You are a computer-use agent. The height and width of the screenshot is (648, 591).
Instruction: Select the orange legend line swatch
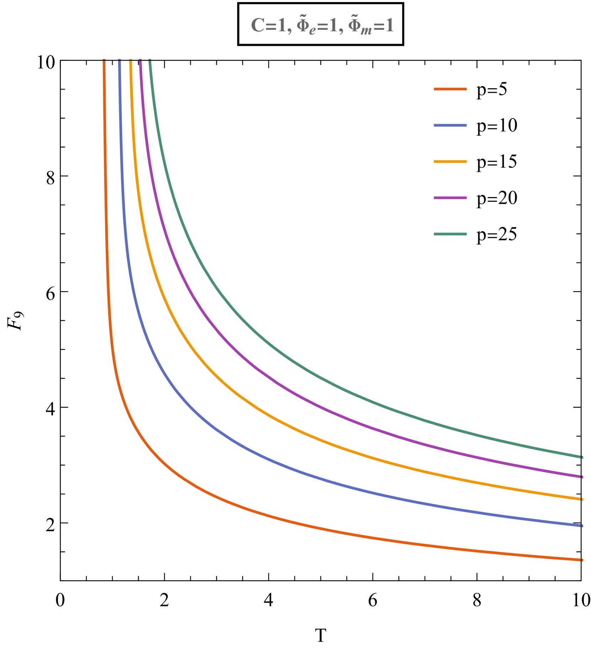tap(450, 89)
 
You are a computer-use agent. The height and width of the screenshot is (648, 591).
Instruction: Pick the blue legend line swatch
tap(450, 125)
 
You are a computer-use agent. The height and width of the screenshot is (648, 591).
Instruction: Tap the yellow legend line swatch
tap(450, 161)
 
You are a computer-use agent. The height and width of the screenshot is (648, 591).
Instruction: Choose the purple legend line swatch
tap(450, 198)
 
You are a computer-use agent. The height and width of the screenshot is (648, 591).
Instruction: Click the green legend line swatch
tap(450, 234)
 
